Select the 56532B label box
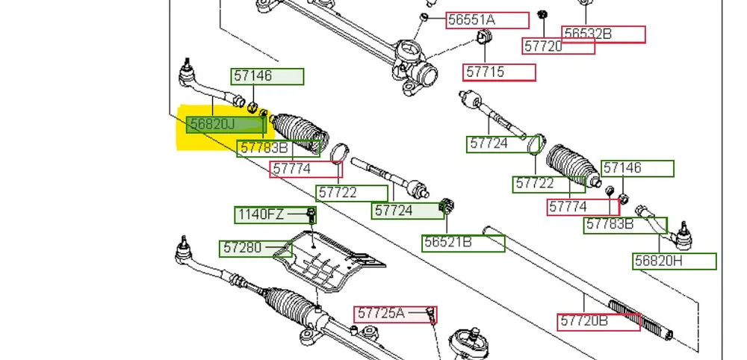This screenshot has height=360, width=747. click(x=604, y=34)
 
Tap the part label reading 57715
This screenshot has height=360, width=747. click(x=499, y=72)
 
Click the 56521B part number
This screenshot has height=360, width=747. click(x=463, y=243)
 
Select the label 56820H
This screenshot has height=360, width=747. click(x=675, y=261)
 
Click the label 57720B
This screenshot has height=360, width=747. click(x=598, y=321)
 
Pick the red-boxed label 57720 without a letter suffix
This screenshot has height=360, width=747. click(x=557, y=46)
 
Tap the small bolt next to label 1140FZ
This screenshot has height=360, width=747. click(x=311, y=217)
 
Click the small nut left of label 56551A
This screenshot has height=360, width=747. click(x=424, y=16)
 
